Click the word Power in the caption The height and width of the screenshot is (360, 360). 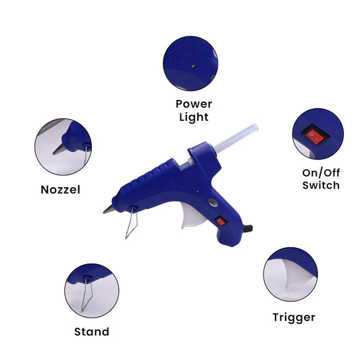pos(194,104)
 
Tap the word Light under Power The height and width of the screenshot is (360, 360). pos(194,118)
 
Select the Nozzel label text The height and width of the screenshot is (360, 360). pos(60,190)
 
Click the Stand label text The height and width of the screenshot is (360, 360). pos(92,332)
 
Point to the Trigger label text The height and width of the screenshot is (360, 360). pos(294,318)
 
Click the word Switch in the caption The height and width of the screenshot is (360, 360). pos(321,185)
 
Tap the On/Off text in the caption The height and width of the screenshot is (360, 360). pos(321,173)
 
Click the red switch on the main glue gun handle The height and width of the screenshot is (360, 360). pos(221,222)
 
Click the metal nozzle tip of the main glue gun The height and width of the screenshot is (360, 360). pos(108,209)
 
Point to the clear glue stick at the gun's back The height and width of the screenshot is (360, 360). pos(236,138)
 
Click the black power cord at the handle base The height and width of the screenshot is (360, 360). pos(247,228)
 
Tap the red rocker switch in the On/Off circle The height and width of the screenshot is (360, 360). pos(315,135)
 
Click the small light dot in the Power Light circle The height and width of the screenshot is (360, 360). pos(193,67)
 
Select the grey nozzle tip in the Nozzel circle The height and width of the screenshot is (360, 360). pos(59,149)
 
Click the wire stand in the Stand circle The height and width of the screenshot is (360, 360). pos(86,294)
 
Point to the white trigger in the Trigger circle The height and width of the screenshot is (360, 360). pos(297,275)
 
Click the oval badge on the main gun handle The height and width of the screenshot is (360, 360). pos(213,203)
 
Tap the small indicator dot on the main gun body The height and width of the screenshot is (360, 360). pos(197,191)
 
